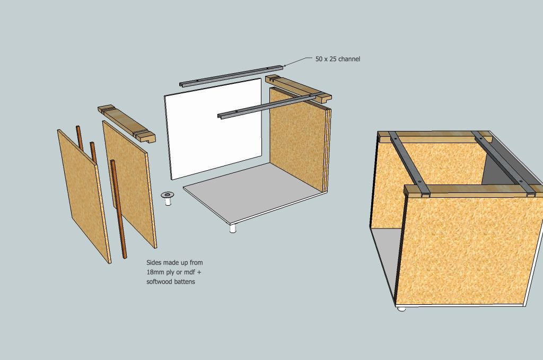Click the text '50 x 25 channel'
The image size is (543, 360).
[x=338, y=59]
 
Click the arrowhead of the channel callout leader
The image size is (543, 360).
[x=285, y=65]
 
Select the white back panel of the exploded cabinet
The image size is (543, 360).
[x=213, y=129]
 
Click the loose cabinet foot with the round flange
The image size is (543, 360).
[x=168, y=198]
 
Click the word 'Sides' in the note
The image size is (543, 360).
[x=154, y=262]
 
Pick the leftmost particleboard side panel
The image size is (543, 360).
[x=84, y=196]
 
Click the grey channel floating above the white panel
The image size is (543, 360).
[x=231, y=75]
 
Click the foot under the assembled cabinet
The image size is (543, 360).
[x=401, y=309]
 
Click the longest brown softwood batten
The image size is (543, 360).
[x=118, y=209]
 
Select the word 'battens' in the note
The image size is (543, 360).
[x=186, y=282]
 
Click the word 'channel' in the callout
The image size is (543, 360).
[x=349, y=59]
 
